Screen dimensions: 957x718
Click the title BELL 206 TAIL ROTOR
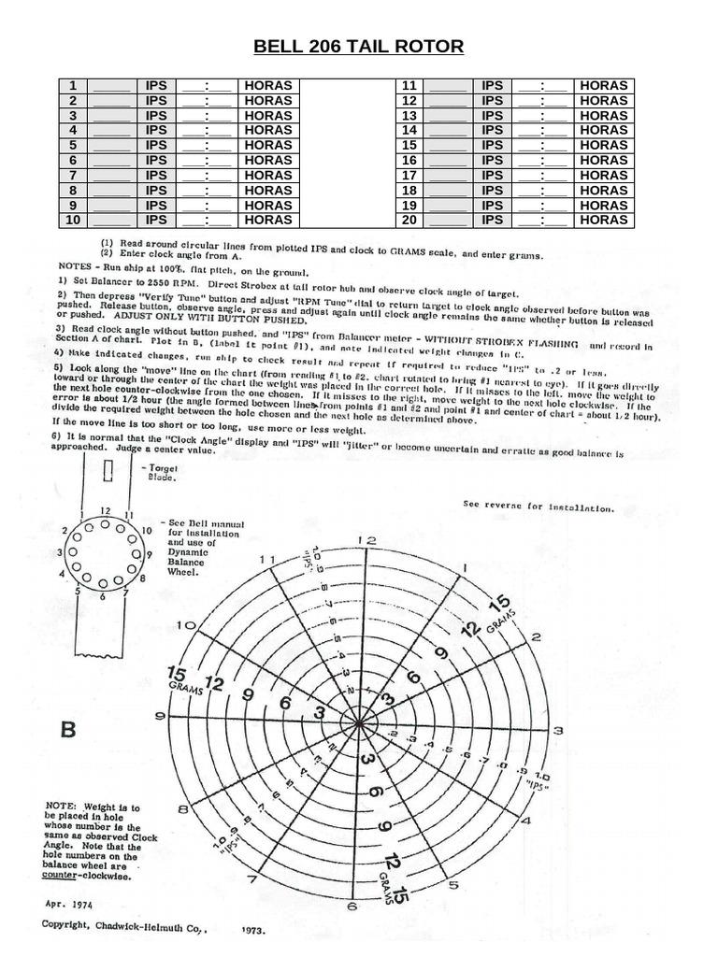[359, 48]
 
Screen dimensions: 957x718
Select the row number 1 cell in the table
[71, 85]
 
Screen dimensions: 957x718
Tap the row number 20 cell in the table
[408, 220]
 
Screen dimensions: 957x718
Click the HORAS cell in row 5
[267, 145]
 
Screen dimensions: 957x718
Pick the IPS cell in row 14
[492, 130]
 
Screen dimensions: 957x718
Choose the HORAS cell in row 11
[603, 85]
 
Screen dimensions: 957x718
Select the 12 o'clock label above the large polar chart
[369, 540]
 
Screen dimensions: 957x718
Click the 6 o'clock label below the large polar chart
[352, 906]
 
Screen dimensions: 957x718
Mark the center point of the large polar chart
[361, 722]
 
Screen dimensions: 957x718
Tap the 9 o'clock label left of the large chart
[160, 716]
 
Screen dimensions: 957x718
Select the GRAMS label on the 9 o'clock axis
[179, 687]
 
